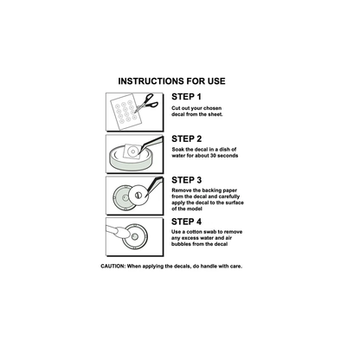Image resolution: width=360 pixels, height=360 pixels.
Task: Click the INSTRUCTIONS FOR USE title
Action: pos(171,81)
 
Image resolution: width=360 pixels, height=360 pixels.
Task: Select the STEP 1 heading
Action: pos(186,97)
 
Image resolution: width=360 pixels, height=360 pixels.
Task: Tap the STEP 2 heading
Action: pos(187,138)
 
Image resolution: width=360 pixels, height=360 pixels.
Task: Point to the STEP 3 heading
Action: pos(187,180)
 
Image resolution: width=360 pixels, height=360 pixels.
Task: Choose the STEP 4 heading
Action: pos(186,222)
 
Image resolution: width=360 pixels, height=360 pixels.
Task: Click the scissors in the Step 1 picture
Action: pos(147,103)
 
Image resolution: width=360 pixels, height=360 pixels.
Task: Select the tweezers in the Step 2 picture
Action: pos(151,144)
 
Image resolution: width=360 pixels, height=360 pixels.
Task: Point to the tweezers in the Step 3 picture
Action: pos(155,185)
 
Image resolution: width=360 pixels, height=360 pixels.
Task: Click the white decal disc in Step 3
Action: pos(138,195)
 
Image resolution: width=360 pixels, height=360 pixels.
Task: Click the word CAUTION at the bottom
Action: pos(112,266)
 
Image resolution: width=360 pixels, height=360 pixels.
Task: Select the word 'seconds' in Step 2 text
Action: pos(228,156)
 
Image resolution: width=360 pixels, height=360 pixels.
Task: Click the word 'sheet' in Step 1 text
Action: pos(215,114)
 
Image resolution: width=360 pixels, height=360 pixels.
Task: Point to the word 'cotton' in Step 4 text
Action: pos(194,232)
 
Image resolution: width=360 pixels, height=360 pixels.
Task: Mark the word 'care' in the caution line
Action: pos(235,266)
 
